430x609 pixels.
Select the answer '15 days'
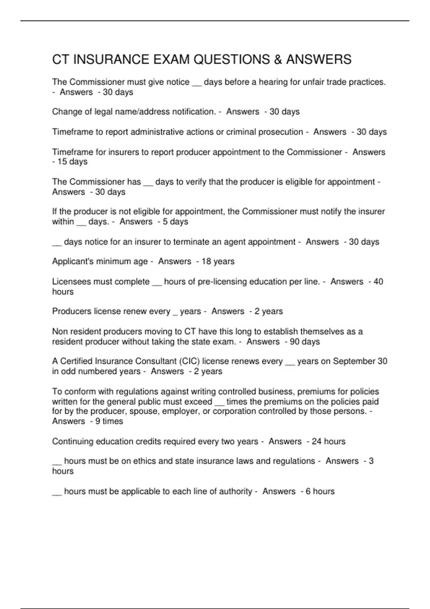click(x=72, y=162)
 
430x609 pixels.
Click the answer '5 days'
click(x=175, y=222)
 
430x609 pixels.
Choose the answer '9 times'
click(x=109, y=421)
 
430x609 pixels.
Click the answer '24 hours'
click(x=329, y=441)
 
